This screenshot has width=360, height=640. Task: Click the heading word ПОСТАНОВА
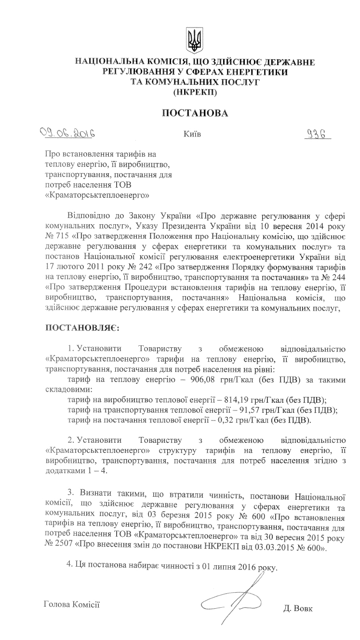(194, 113)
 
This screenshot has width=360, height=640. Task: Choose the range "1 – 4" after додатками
(92, 470)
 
